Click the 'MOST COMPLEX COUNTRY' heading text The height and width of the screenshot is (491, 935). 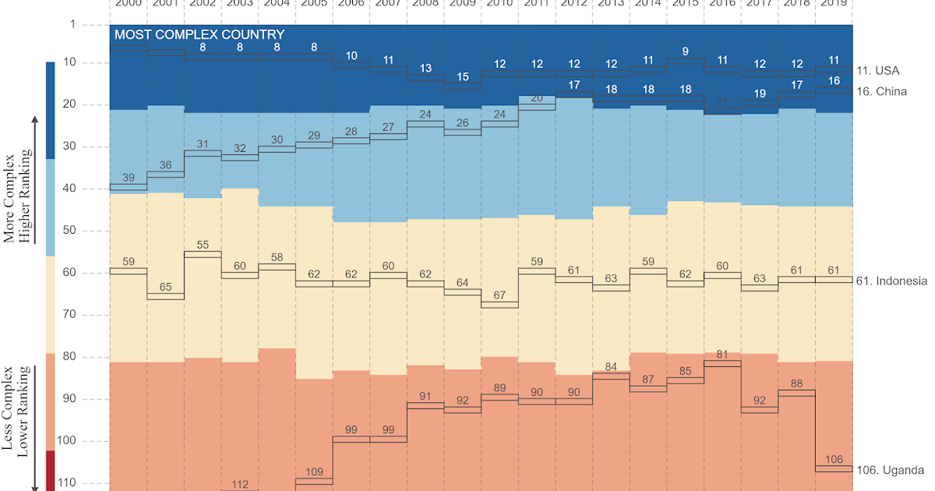[x=199, y=35]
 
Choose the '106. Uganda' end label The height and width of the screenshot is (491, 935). [x=890, y=470]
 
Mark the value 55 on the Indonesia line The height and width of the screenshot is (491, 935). [x=203, y=245]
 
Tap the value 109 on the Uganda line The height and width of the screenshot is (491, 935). [x=315, y=472]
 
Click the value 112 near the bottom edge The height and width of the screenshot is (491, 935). [x=240, y=484]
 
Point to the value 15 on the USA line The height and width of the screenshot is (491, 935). [x=463, y=77]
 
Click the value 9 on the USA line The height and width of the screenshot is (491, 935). [x=685, y=51]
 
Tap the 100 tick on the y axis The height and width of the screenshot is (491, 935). [x=67, y=441]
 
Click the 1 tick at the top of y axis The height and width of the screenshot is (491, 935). [x=73, y=25]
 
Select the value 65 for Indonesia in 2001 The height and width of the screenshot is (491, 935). [x=165, y=288]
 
